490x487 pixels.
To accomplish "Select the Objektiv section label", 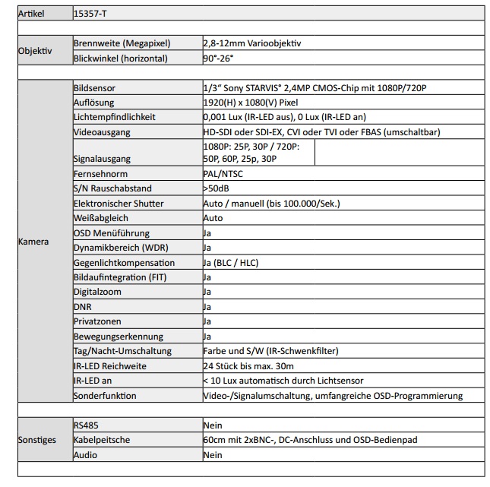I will pos(35,51).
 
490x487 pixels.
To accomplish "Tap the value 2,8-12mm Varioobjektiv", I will pos(252,43).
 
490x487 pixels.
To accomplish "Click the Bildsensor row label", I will pos(94,88).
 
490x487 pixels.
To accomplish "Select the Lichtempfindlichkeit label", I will pos(114,117).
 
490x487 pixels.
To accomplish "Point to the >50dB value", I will pos(217,188).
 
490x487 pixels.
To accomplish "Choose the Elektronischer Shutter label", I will pos(118,204).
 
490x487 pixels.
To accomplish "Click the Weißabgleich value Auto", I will pos(213,218).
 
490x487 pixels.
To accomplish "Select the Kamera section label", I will pos(33,242).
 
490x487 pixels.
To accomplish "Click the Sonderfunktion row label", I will pos(105,395).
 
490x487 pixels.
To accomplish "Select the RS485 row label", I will pos(86,425).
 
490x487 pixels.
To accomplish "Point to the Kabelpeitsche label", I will pos(103,440).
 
